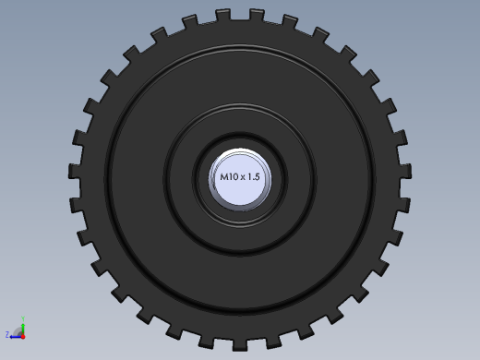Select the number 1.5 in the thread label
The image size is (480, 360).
click(x=254, y=177)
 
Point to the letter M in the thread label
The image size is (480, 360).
click(x=224, y=177)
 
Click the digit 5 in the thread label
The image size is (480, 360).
click(x=258, y=177)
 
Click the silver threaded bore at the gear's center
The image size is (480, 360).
click(x=240, y=179)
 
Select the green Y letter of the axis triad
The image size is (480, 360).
click(x=23, y=318)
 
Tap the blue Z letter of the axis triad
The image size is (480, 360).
click(x=7, y=334)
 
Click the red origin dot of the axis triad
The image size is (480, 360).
click(x=23, y=337)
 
